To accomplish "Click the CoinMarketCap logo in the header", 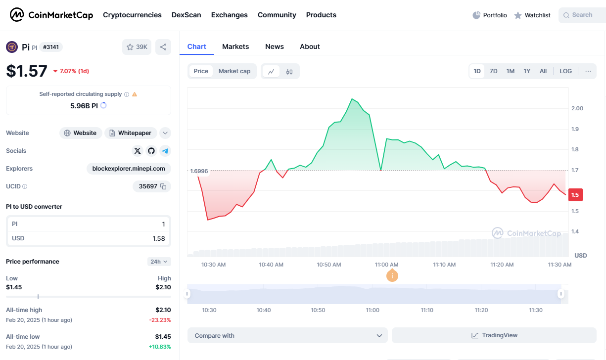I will click(51, 15).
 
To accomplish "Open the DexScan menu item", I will click(186, 15).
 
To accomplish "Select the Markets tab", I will click(235, 46).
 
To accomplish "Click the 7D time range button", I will click(493, 71).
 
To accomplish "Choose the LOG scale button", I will click(565, 71).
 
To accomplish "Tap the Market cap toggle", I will click(234, 71).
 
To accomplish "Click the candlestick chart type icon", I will click(289, 71).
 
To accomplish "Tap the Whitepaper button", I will click(131, 133).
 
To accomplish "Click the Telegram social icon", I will click(165, 151).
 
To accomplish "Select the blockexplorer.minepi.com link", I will click(129, 169).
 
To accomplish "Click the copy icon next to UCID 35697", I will click(163, 186).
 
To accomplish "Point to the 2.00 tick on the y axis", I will click(577, 108).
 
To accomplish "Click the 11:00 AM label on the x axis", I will click(387, 265).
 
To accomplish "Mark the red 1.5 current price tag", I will click(575, 195).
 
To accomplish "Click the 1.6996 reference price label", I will click(199, 171).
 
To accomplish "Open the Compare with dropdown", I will click(287, 335).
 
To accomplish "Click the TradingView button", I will click(494, 335).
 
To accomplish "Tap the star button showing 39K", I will click(137, 47).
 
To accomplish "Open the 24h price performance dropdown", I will click(158, 262).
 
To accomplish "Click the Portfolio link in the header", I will click(490, 15).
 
